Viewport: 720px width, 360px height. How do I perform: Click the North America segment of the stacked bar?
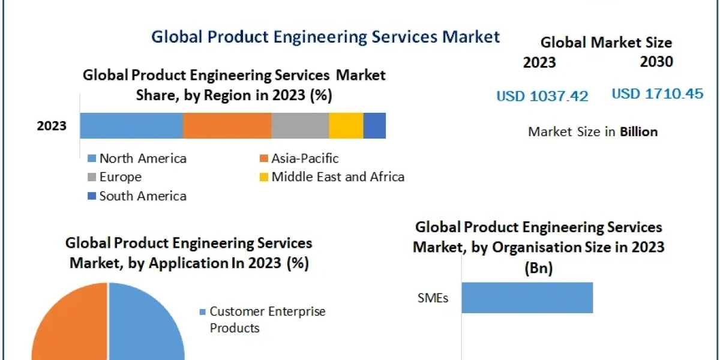pyautogui.click(x=131, y=126)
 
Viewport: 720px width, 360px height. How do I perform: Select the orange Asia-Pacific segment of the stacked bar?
pyautogui.click(x=227, y=126)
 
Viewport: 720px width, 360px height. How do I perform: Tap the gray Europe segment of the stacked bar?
pyautogui.click(x=300, y=126)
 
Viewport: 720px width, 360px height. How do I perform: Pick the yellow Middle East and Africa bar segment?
pyautogui.click(x=346, y=126)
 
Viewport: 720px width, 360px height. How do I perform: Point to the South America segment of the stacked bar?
pyautogui.click(x=374, y=126)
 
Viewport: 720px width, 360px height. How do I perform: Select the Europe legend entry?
pyautogui.click(x=115, y=177)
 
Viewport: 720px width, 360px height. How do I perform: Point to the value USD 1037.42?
pyautogui.click(x=542, y=96)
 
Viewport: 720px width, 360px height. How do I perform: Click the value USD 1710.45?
pyautogui.click(x=658, y=94)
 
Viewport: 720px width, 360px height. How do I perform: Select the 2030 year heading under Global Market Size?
pyautogui.click(x=656, y=62)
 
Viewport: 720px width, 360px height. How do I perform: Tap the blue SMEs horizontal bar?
pyautogui.click(x=527, y=298)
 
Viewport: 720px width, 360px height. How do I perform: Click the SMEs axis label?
pyautogui.click(x=433, y=298)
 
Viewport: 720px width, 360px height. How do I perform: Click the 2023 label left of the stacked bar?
pyautogui.click(x=52, y=126)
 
